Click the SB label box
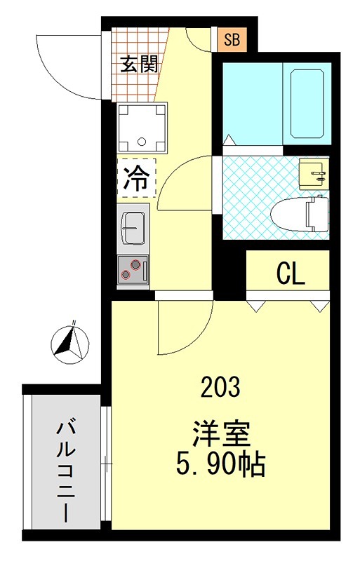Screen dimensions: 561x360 coord(231,40)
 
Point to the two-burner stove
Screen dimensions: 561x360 coord(133,269)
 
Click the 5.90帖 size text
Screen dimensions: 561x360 coord(222,464)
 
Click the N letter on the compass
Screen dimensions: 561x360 coord(72,324)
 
